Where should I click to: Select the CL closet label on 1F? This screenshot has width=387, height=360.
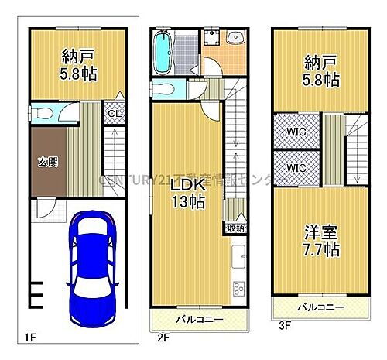point(113,115)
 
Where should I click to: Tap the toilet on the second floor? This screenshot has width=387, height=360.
point(161,89)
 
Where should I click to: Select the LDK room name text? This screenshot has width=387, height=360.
point(188,186)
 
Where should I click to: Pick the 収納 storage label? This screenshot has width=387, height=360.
point(235,228)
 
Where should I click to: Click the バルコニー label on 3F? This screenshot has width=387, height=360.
point(320,307)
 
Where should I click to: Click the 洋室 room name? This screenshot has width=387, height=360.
point(319,232)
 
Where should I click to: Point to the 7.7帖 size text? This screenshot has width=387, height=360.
point(319,249)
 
